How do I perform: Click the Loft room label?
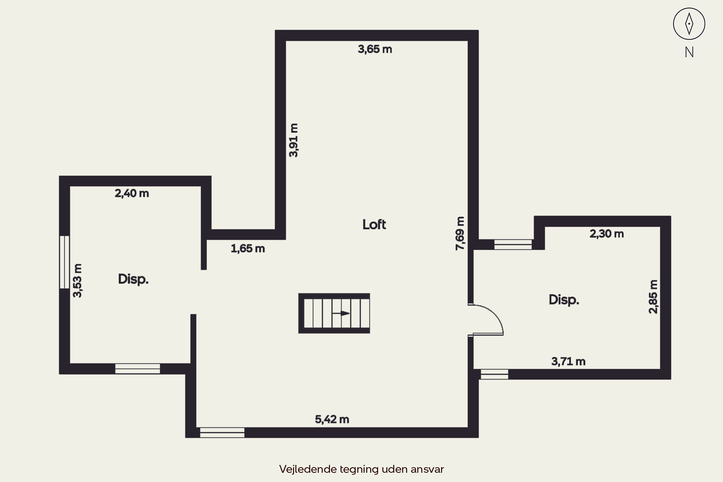point(374,225)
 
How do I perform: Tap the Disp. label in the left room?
point(133,279)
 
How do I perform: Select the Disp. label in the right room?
point(564,300)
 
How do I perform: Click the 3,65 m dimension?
point(375,49)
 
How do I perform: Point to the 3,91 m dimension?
point(293,140)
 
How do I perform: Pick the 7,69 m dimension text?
point(460,233)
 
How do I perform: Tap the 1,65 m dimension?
point(248,248)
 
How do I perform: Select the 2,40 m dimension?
point(132,193)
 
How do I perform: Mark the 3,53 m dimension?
point(77,280)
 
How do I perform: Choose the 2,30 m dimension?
point(607,234)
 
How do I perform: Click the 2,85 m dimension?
point(653,297)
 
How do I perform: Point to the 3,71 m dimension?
point(568,361)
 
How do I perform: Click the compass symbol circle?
point(689,24)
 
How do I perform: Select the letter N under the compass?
point(689,52)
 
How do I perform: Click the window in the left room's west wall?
point(64,262)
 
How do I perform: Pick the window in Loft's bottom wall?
point(222,433)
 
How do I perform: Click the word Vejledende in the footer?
point(308,469)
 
